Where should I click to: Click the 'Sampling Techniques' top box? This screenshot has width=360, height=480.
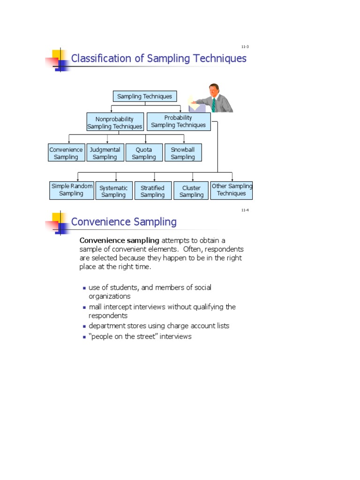[144, 97]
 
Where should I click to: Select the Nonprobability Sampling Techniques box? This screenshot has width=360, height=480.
[115, 123]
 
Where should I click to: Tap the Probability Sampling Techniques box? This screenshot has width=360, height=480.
[179, 121]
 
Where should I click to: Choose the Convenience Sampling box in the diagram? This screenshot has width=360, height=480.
[66, 153]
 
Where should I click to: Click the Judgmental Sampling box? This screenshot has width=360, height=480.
[105, 153]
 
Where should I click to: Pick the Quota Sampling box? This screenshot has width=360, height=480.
[144, 153]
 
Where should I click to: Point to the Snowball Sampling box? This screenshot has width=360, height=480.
[183, 153]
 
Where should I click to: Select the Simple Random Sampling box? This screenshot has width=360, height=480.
[72, 190]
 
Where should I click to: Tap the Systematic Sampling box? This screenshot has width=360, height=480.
[113, 191]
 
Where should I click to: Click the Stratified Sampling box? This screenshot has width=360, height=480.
[153, 191]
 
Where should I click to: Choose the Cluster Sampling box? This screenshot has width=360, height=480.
[191, 191]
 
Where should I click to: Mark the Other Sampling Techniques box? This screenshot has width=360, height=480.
[232, 190]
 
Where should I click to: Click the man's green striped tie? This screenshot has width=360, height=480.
[214, 105]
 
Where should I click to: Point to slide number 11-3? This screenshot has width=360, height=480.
[245, 47]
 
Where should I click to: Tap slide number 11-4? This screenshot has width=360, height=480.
[245, 210]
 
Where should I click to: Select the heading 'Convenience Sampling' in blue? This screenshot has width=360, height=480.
[124, 222]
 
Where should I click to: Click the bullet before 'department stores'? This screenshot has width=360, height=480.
[84, 326]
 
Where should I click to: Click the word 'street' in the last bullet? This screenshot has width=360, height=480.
[145, 337]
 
